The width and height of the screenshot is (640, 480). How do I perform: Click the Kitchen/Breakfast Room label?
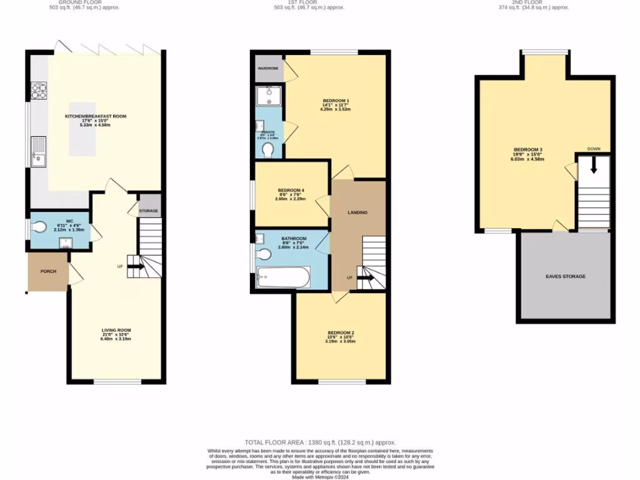point(96,116)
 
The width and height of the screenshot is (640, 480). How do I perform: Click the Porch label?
point(48,271)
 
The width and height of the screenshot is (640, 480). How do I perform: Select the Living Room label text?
point(116,330)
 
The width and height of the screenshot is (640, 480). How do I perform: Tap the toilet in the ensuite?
point(268,150)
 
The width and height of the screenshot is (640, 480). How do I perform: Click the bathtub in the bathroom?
point(283,277)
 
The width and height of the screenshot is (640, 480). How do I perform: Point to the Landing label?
point(357,212)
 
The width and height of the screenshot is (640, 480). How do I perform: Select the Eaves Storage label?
point(565,276)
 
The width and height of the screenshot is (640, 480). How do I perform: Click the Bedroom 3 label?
point(527,149)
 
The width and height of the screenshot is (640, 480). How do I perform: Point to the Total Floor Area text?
point(320,441)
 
